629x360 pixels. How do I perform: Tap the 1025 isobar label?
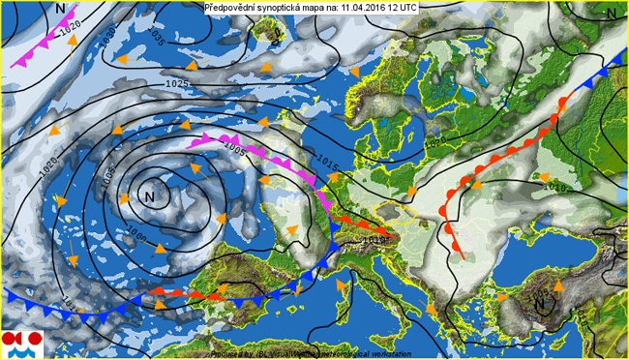(x=177, y=85)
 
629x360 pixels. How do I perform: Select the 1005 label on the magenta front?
(x=233, y=151)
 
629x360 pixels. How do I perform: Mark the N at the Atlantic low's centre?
(x=149, y=196)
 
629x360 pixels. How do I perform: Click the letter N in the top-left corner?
(x=61, y=8)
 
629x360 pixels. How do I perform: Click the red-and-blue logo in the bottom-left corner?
(x=20, y=342)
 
